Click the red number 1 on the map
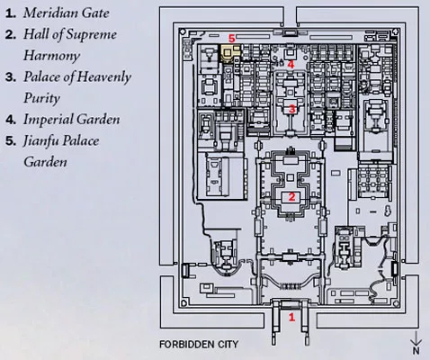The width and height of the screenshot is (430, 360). (291, 317)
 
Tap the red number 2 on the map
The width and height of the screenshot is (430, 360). (291, 197)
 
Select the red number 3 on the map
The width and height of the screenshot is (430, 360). (292, 109)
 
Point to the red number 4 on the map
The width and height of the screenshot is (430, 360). (291, 65)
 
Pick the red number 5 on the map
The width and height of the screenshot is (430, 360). (232, 39)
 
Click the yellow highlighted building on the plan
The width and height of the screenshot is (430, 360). (230, 53)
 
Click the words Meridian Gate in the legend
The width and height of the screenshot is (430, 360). (67, 13)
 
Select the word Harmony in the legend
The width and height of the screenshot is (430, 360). (51, 56)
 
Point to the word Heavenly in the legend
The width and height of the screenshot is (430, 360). (104, 77)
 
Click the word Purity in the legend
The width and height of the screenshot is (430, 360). (41, 99)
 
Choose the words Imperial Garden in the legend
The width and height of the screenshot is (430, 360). (72, 120)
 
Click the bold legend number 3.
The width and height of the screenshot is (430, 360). (11, 77)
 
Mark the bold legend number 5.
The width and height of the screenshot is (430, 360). (11, 141)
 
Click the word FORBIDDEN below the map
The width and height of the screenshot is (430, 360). (186, 344)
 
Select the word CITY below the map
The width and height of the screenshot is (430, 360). (228, 344)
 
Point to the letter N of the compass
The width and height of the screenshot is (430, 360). (417, 350)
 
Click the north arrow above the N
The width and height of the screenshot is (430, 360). (417, 338)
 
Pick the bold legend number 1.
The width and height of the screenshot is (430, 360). (11, 13)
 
